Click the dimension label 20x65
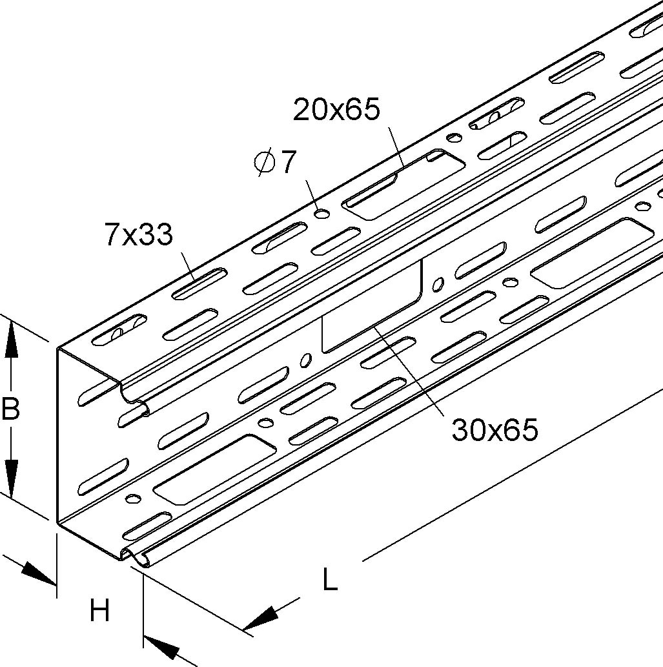coord(336,110)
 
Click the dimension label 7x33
coord(139,235)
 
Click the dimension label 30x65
coord(495,429)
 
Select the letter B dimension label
coord(10,409)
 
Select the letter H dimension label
coord(99,610)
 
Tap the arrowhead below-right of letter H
coord(161,646)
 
